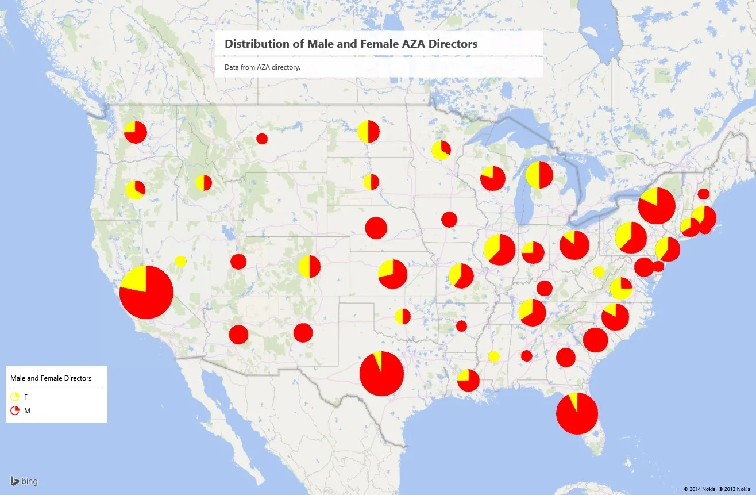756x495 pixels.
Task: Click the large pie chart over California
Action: tap(146, 292)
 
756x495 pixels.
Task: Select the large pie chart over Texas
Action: tap(381, 374)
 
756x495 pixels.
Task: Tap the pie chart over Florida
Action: tap(577, 413)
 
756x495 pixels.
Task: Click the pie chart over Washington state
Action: tap(136, 132)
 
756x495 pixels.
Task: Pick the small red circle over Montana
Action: tap(262, 139)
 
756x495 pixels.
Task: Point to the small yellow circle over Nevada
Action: tap(180, 261)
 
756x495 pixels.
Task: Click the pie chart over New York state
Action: tap(657, 205)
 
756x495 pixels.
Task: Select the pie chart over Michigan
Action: tap(539, 175)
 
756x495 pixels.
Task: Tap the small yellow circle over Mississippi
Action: tap(493, 356)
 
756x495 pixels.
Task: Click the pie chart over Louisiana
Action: tap(468, 380)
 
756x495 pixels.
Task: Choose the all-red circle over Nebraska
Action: tap(376, 228)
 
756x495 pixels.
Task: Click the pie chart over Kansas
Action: tap(392, 274)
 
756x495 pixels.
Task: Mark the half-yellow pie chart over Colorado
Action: tap(309, 266)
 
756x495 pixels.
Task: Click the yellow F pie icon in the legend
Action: tap(15, 397)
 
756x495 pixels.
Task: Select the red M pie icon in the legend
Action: tap(15, 410)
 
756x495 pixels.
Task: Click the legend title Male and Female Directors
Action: tap(51, 378)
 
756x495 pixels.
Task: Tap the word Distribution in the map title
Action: tap(250, 44)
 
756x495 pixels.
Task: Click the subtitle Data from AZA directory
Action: tap(263, 67)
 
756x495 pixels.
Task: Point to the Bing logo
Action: tap(24, 481)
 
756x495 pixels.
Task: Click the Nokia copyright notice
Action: tap(717, 489)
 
